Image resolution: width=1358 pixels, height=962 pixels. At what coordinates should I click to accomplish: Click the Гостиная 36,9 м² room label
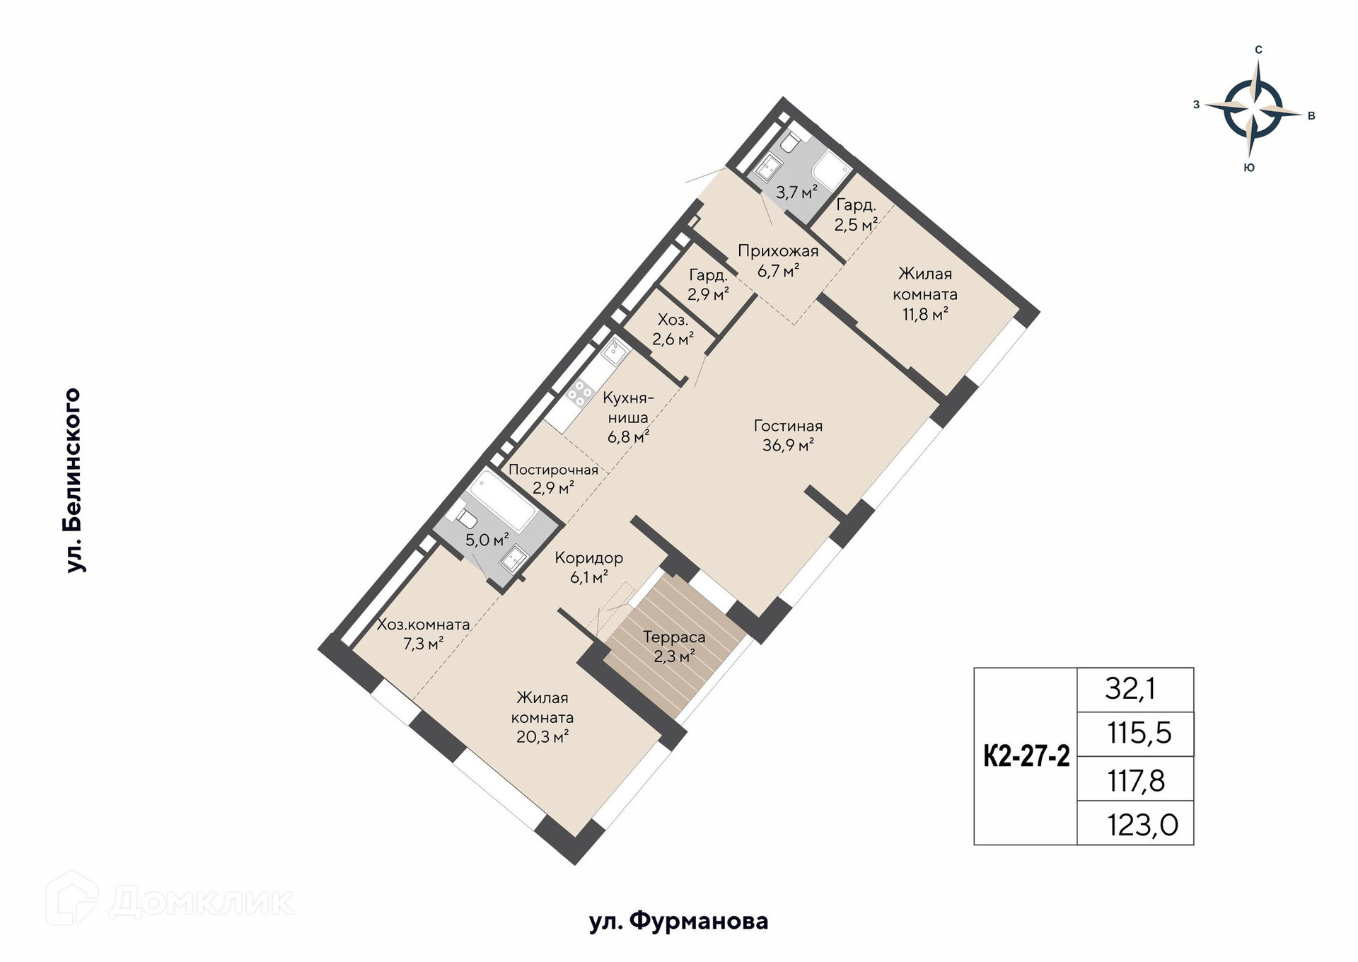click(788, 436)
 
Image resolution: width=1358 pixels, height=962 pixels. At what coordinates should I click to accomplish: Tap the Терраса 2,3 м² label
click(674, 647)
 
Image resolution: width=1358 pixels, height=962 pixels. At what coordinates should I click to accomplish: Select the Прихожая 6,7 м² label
click(778, 260)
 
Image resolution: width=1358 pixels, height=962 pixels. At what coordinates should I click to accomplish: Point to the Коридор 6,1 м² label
click(588, 567)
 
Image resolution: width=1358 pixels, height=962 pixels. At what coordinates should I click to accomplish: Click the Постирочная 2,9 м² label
click(553, 478)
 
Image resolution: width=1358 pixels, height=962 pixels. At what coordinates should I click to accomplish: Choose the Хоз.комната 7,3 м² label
click(423, 634)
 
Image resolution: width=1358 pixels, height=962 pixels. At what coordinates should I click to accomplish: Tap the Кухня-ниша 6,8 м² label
click(628, 417)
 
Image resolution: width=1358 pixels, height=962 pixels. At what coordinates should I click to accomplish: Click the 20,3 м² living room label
click(542, 717)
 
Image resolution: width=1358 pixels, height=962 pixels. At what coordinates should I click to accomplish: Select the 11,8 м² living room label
click(925, 294)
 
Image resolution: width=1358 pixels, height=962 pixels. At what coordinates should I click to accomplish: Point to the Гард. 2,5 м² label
click(856, 215)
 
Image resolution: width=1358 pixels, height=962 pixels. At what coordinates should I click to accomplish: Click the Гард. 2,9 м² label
click(708, 284)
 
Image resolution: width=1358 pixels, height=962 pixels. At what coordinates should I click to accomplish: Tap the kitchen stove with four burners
click(580, 394)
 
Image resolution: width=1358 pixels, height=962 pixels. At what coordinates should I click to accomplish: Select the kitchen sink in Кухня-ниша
click(615, 352)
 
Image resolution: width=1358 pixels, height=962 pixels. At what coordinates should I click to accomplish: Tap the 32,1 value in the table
click(1130, 688)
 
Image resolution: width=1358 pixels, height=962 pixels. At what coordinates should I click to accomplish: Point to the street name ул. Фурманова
click(679, 921)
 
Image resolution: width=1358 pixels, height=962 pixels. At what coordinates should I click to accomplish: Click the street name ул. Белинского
click(74, 480)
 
